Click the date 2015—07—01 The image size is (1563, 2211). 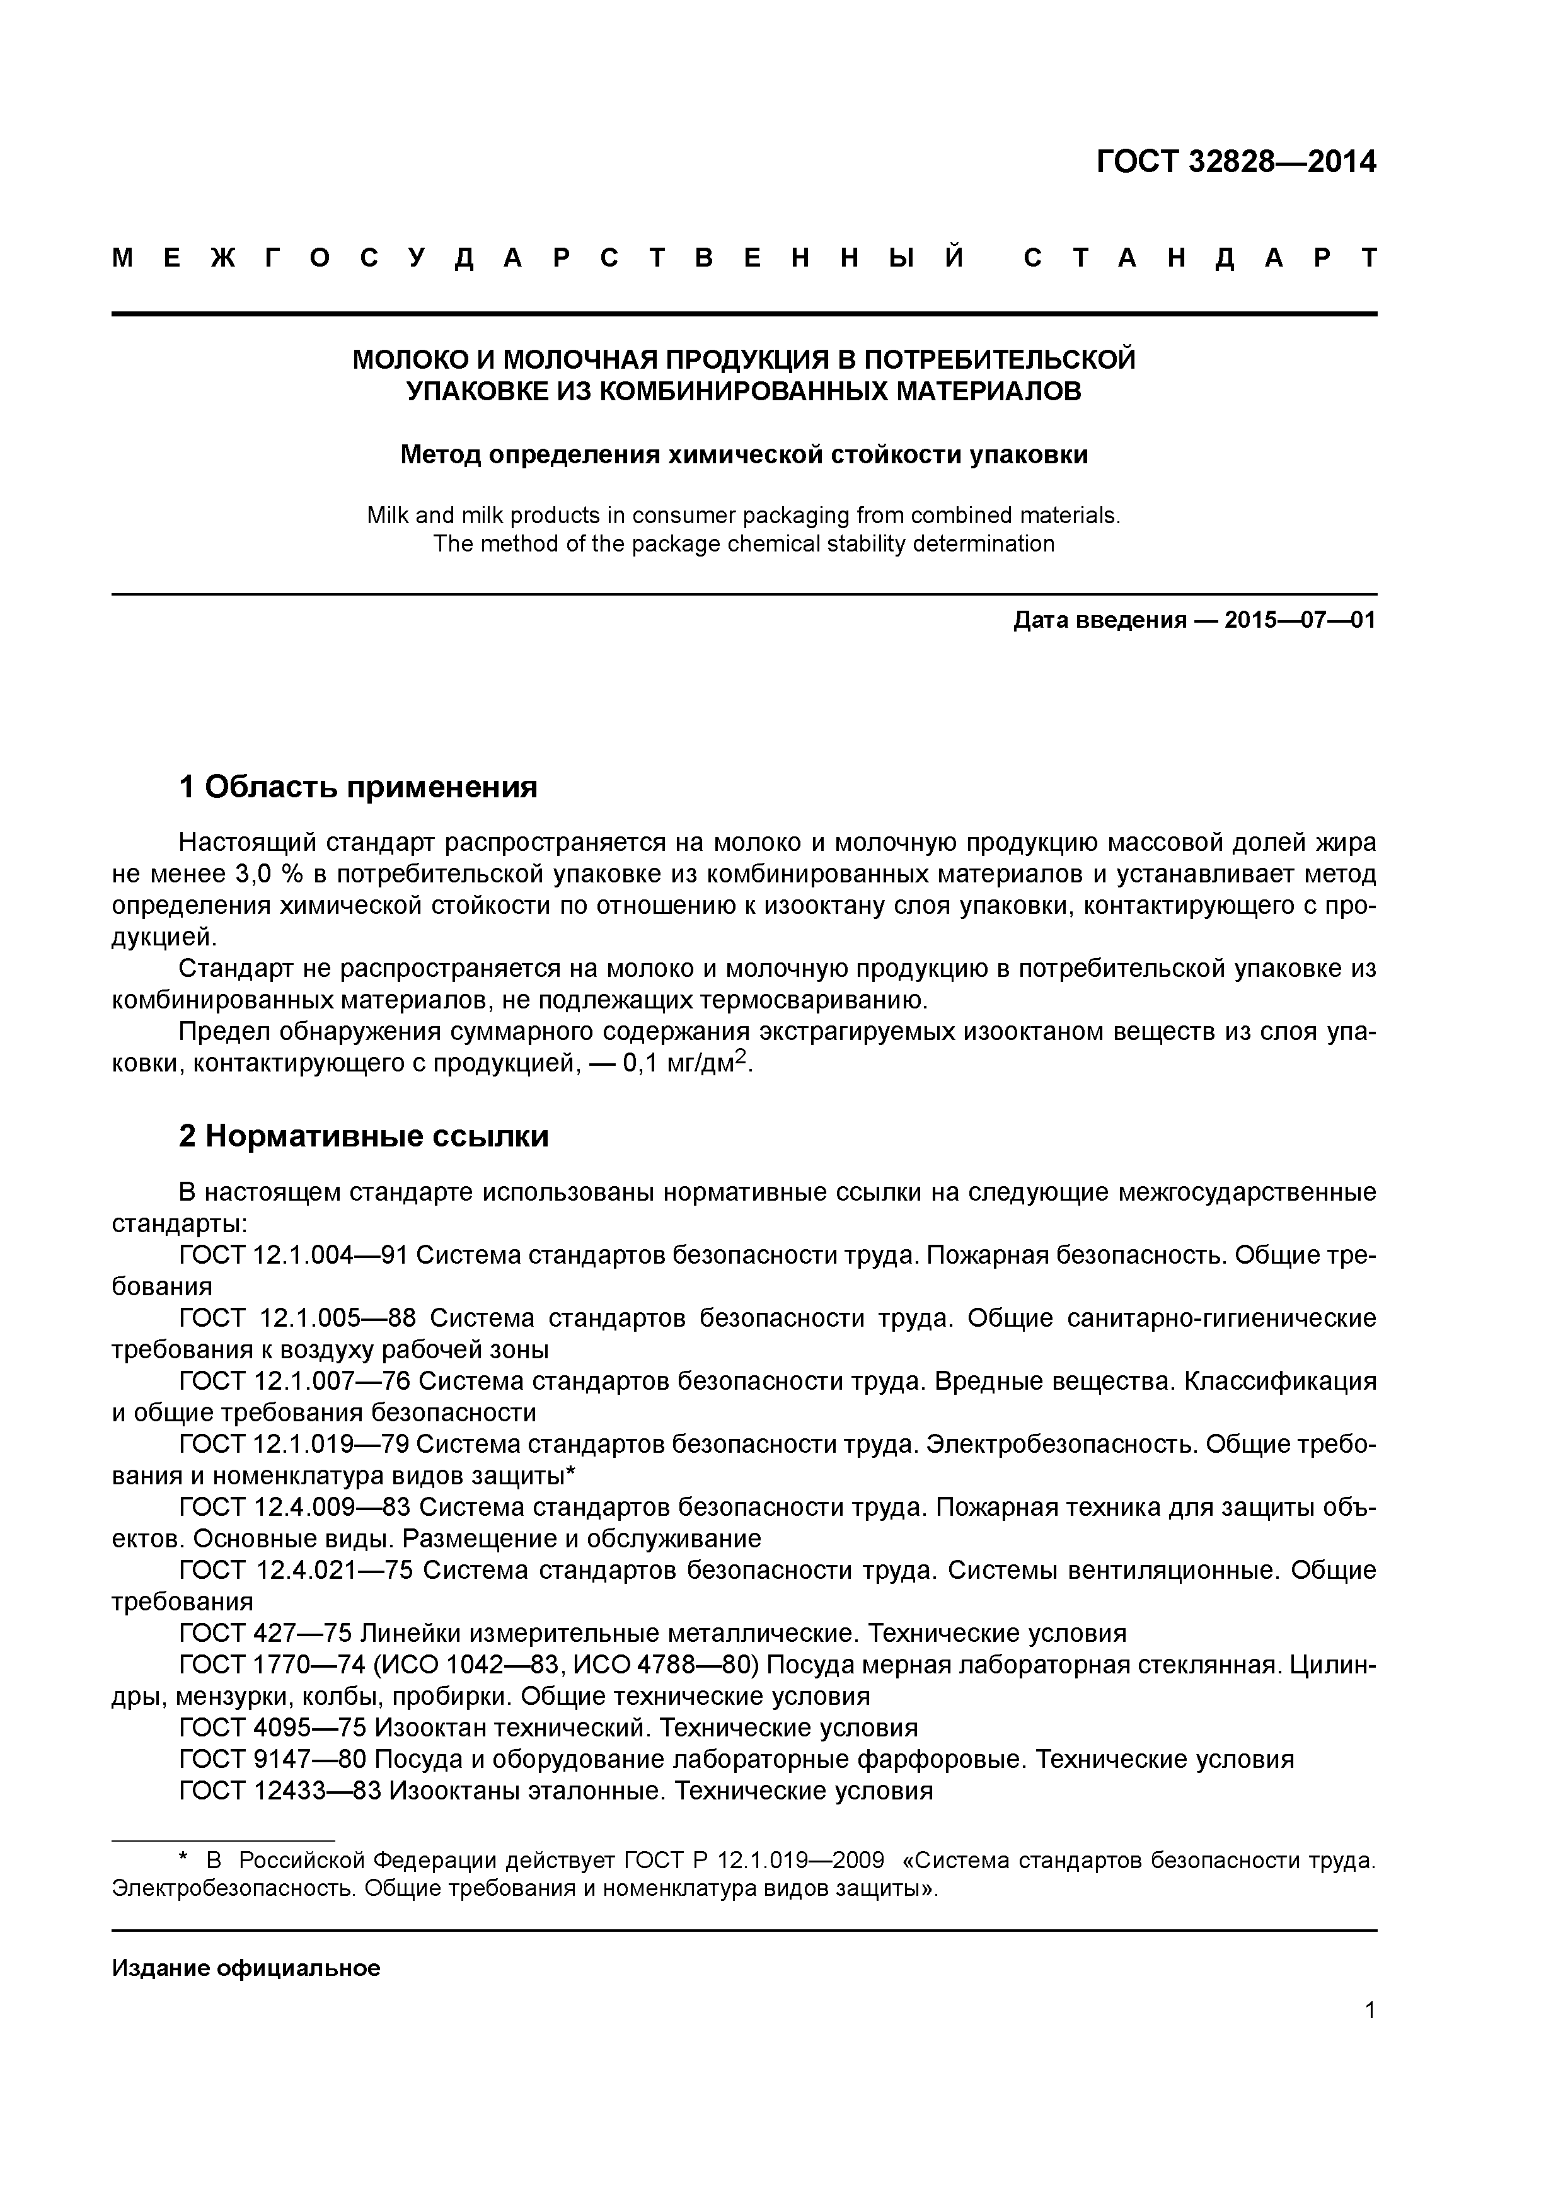1300,620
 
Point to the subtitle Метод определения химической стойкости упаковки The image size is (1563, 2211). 744,454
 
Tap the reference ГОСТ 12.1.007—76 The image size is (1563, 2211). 294,1381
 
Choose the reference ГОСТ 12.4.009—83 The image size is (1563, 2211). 294,1507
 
